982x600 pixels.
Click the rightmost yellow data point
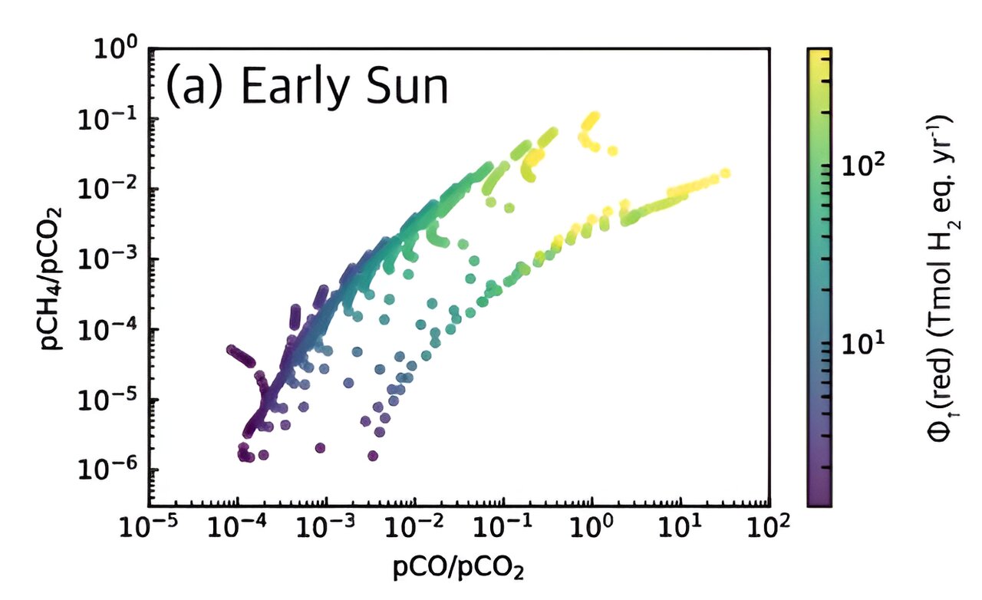click(x=725, y=173)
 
